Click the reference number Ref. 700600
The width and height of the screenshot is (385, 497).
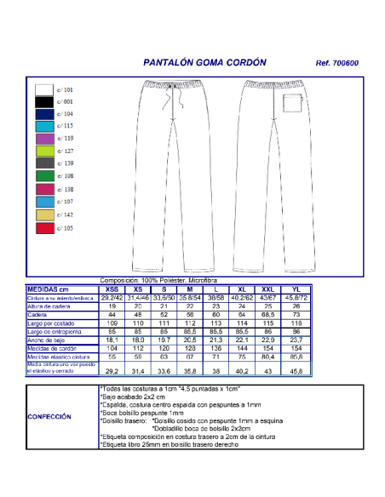coord(337,63)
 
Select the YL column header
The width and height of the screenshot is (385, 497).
coord(296,289)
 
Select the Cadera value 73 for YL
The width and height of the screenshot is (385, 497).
coord(296,314)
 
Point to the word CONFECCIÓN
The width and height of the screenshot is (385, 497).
coord(49,417)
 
